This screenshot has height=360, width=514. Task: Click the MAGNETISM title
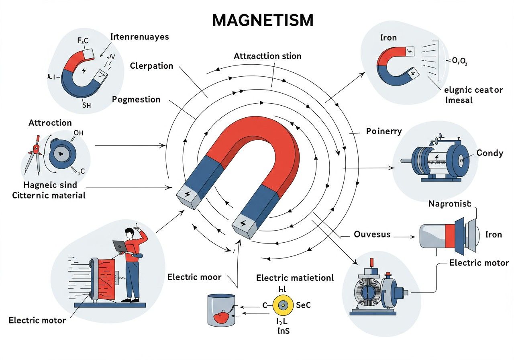pyautogui.click(x=262, y=20)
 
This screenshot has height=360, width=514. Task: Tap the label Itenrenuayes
pyautogui.click(x=139, y=37)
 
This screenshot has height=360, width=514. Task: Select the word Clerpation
pyautogui.click(x=151, y=66)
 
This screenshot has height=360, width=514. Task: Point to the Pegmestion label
pyautogui.click(x=136, y=99)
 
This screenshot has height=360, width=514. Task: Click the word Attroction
pyautogui.click(x=50, y=123)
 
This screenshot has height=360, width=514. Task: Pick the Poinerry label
pyautogui.click(x=384, y=131)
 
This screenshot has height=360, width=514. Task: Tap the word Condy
pyautogui.click(x=490, y=153)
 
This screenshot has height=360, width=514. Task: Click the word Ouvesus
pyautogui.click(x=372, y=234)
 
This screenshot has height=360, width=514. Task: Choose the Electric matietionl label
pyautogui.click(x=295, y=278)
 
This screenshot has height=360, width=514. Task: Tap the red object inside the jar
pyautogui.click(x=221, y=317)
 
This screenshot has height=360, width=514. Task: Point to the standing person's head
pyautogui.click(x=129, y=233)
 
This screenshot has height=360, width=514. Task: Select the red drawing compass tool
pyautogui.click(x=36, y=155)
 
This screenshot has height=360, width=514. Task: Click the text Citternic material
pyautogui.click(x=49, y=195)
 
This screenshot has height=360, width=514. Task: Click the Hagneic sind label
pyautogui.click(x=50, y=186)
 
